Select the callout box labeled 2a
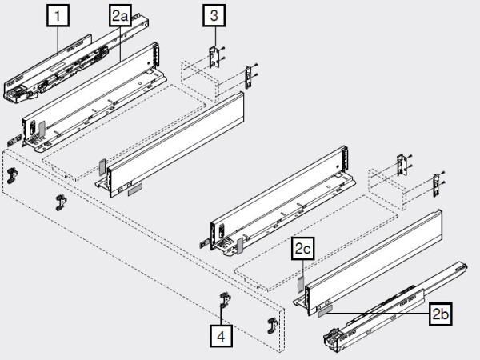tap(119, 16)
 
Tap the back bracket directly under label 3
tap(214, 56)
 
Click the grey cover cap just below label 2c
tap(301, 282)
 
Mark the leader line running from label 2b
tap(384, 314)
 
